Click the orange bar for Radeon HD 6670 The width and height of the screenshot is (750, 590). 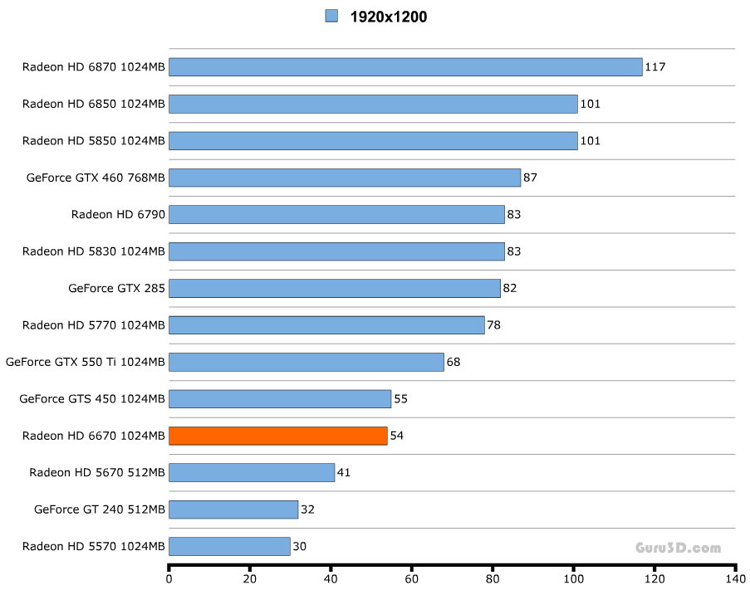[277, 436]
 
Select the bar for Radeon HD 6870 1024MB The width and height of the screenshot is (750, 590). [405, 67]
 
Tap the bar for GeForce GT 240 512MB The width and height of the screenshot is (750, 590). [233, 510]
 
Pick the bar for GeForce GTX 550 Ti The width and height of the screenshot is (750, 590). [306, 362]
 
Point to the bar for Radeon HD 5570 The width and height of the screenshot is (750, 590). [229, 546]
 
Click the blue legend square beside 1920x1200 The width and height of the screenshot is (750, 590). [332, 16]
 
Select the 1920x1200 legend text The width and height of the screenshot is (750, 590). [389, 16]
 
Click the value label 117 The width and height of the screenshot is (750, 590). [655, 67]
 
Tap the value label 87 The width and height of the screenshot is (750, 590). [532, 178]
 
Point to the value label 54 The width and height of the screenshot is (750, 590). [397, 436]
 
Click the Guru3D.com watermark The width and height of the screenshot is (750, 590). [678, 548]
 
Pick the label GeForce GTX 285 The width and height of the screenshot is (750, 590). [117, 289]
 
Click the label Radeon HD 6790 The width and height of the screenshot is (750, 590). [119, 215]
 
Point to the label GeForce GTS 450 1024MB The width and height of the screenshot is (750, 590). [92, 399]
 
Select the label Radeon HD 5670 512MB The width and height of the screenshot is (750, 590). [97, 473]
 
